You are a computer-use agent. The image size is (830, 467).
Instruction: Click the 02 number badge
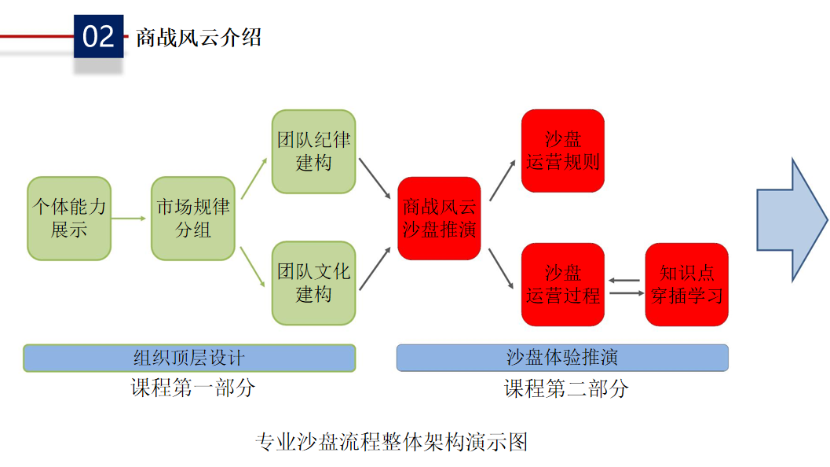(98, 36)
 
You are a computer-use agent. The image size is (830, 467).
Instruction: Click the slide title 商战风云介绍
(198, 37)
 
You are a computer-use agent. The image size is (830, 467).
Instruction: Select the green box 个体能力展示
(69, 219)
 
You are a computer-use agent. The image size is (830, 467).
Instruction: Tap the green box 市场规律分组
(192, 219)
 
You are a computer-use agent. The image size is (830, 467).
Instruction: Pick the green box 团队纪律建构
(313, 152)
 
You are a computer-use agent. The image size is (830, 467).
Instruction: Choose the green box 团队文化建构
(313, 284)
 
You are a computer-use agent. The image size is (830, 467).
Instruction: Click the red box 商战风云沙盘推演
(439, 219)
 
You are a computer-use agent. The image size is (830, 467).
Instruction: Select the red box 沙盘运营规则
(563, 151)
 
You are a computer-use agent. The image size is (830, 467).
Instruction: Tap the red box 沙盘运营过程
(563, 285)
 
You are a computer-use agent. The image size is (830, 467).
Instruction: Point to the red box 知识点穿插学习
(686, 285)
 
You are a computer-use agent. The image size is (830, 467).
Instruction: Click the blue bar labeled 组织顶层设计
(189, 358)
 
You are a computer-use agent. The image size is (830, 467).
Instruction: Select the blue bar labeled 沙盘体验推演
(562, 358)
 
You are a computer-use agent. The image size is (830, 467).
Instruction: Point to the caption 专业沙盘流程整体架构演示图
(392, 442)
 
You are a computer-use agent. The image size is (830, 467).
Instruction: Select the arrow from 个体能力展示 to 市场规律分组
(130, 219)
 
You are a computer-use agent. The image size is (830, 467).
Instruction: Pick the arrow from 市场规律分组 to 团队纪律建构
(253, 178)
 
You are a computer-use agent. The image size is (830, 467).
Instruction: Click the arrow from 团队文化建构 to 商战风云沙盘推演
(375, 268)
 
